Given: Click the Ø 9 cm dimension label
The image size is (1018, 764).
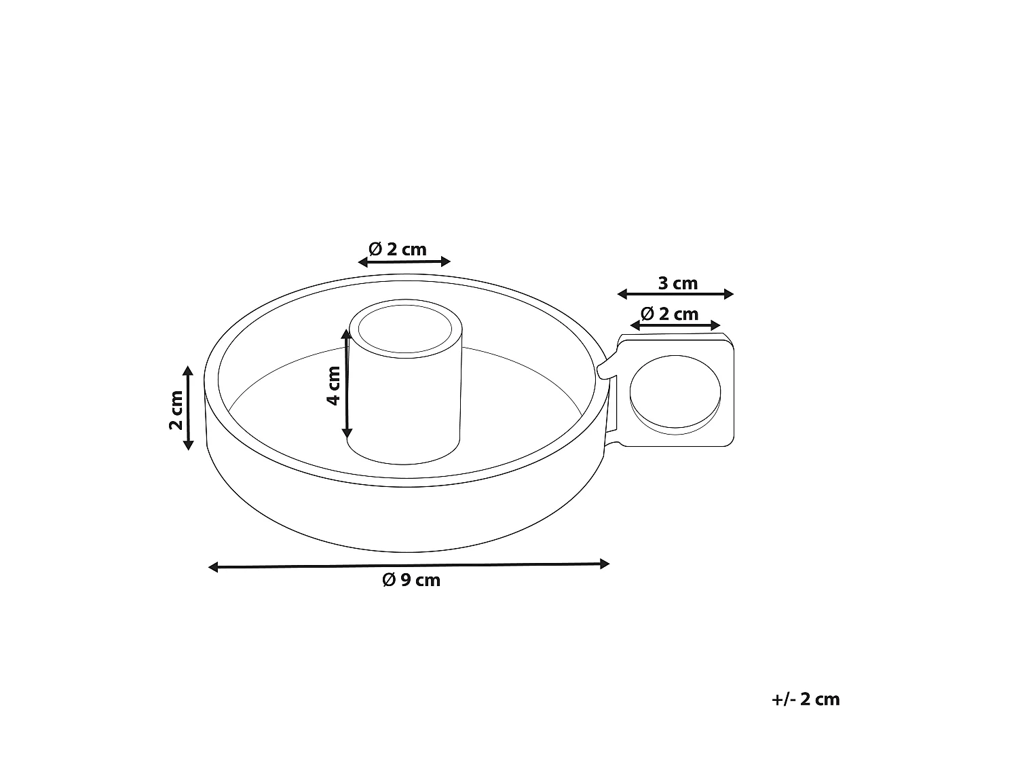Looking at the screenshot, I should [x=411, y=581].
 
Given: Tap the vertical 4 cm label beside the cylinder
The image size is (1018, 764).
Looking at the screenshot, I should [x=333, y=385].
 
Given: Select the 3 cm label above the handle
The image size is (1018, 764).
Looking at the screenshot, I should [x=677, y=283].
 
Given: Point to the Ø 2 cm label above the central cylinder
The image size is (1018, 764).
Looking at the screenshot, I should [x=398, y=249].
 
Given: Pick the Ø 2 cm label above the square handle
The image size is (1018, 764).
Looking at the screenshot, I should [x=669, y=314].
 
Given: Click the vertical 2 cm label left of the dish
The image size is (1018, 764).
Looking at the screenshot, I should [x=176, y=410].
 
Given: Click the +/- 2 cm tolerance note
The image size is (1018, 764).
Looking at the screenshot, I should [x=806, y=699].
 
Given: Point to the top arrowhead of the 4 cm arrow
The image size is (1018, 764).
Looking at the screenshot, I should [x=346, y=334].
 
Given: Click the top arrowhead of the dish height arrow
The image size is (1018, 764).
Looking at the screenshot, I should [x=189, y=370].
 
